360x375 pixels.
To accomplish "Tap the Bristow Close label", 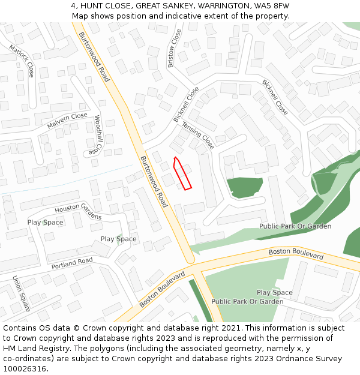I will click(174, 48).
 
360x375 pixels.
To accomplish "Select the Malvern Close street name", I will click(67, 121).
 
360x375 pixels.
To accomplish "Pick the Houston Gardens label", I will click(78, 212).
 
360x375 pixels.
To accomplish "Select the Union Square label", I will click(22, 293).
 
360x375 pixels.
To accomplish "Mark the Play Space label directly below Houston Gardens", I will click(45, 223).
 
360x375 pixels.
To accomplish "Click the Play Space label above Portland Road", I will click(118, 239).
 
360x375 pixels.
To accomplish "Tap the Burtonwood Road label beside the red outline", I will click(154, 182).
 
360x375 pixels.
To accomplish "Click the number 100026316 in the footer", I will click(25, 368).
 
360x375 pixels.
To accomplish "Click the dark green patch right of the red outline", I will click(244, 188).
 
